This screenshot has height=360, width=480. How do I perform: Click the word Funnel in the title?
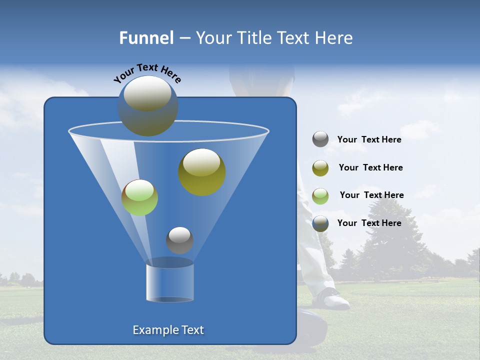[146, 38]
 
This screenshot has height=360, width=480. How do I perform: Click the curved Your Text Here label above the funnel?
[147, 73]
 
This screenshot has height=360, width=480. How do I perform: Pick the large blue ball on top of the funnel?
[148, 106]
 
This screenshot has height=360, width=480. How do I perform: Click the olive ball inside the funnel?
[201, 171]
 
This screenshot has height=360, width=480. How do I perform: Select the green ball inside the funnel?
[139, 197]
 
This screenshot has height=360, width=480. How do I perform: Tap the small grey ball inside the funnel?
[179, 240]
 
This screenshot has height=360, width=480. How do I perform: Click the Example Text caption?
[168, 330]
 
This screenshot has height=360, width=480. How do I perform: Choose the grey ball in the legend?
[320, 139]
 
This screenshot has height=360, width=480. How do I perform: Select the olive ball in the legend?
[320, 168]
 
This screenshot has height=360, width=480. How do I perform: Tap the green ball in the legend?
[320, 195]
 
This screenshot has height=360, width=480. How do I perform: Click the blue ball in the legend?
[320, 223]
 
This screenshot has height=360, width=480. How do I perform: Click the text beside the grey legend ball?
[369, 140]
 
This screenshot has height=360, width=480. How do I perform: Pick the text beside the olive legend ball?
[370, 168]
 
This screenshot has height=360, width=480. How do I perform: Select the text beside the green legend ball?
[371, 195]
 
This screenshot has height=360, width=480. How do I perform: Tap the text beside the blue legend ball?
[369, 223]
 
